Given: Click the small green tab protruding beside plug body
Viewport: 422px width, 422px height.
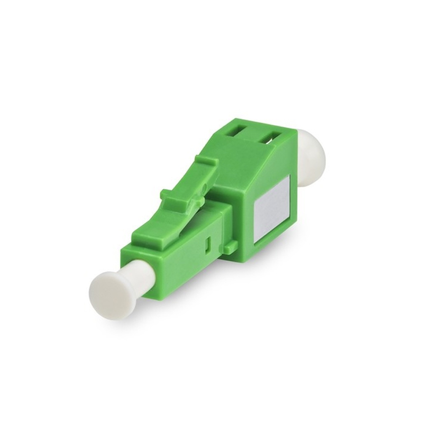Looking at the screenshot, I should click(230, 247).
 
